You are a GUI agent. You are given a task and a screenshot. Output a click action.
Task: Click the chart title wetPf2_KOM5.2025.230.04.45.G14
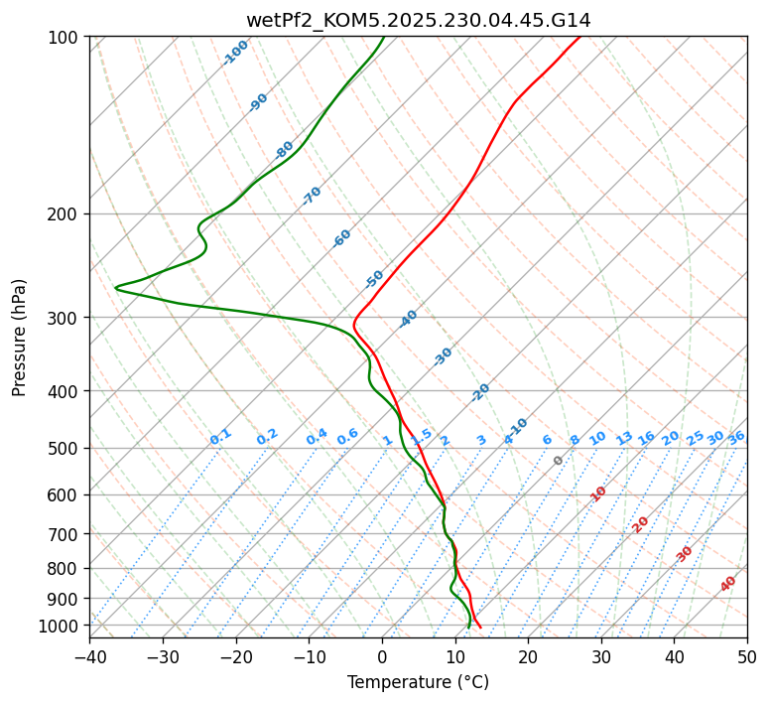[x=418, y=20]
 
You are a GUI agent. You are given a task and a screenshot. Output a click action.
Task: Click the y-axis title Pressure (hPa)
[x=20, y=338]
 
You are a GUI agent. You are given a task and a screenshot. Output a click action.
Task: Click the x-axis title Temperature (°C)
[x=418, y=683]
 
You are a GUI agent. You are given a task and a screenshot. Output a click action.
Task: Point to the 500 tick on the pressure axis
[x=65, y=449]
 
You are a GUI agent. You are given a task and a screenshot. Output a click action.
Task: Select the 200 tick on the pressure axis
[x=65, y=214]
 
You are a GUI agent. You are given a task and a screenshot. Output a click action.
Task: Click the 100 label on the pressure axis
[x=65, y=38]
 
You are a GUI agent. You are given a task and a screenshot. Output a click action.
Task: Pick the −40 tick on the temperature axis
[x=89, y=657]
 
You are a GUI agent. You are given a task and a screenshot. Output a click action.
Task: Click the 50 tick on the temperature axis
[x=747, y=657]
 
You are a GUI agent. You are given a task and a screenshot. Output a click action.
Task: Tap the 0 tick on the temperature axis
[x=382, y=657]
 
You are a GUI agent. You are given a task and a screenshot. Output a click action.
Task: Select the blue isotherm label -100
[x=235, y=53]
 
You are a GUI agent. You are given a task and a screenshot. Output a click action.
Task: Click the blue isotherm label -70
[x=312, y=196]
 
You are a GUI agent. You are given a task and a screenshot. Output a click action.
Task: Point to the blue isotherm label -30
[x=443, y=356]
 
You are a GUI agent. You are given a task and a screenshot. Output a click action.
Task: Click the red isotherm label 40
[x=728, y=584]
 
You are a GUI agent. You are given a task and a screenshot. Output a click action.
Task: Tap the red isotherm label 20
[x=641, y=523]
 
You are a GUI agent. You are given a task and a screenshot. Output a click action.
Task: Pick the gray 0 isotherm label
[x=559, y=461]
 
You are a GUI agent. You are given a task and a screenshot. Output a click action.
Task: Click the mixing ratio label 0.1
[x=220, y=437]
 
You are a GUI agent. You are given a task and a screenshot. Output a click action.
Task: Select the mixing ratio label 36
[x=736, y=437]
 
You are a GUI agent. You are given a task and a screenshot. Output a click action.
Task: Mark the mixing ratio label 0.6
[x=347, y=437]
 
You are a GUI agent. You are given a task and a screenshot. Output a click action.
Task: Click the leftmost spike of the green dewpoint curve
[x=116, y=288]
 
